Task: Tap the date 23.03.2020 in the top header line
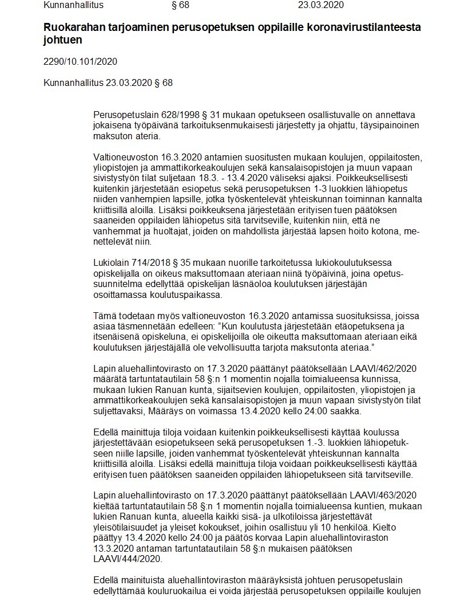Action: pyautogui.click(x=321, y=6)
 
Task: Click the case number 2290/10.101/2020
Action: pyautogui.click(x=80, y=62)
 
